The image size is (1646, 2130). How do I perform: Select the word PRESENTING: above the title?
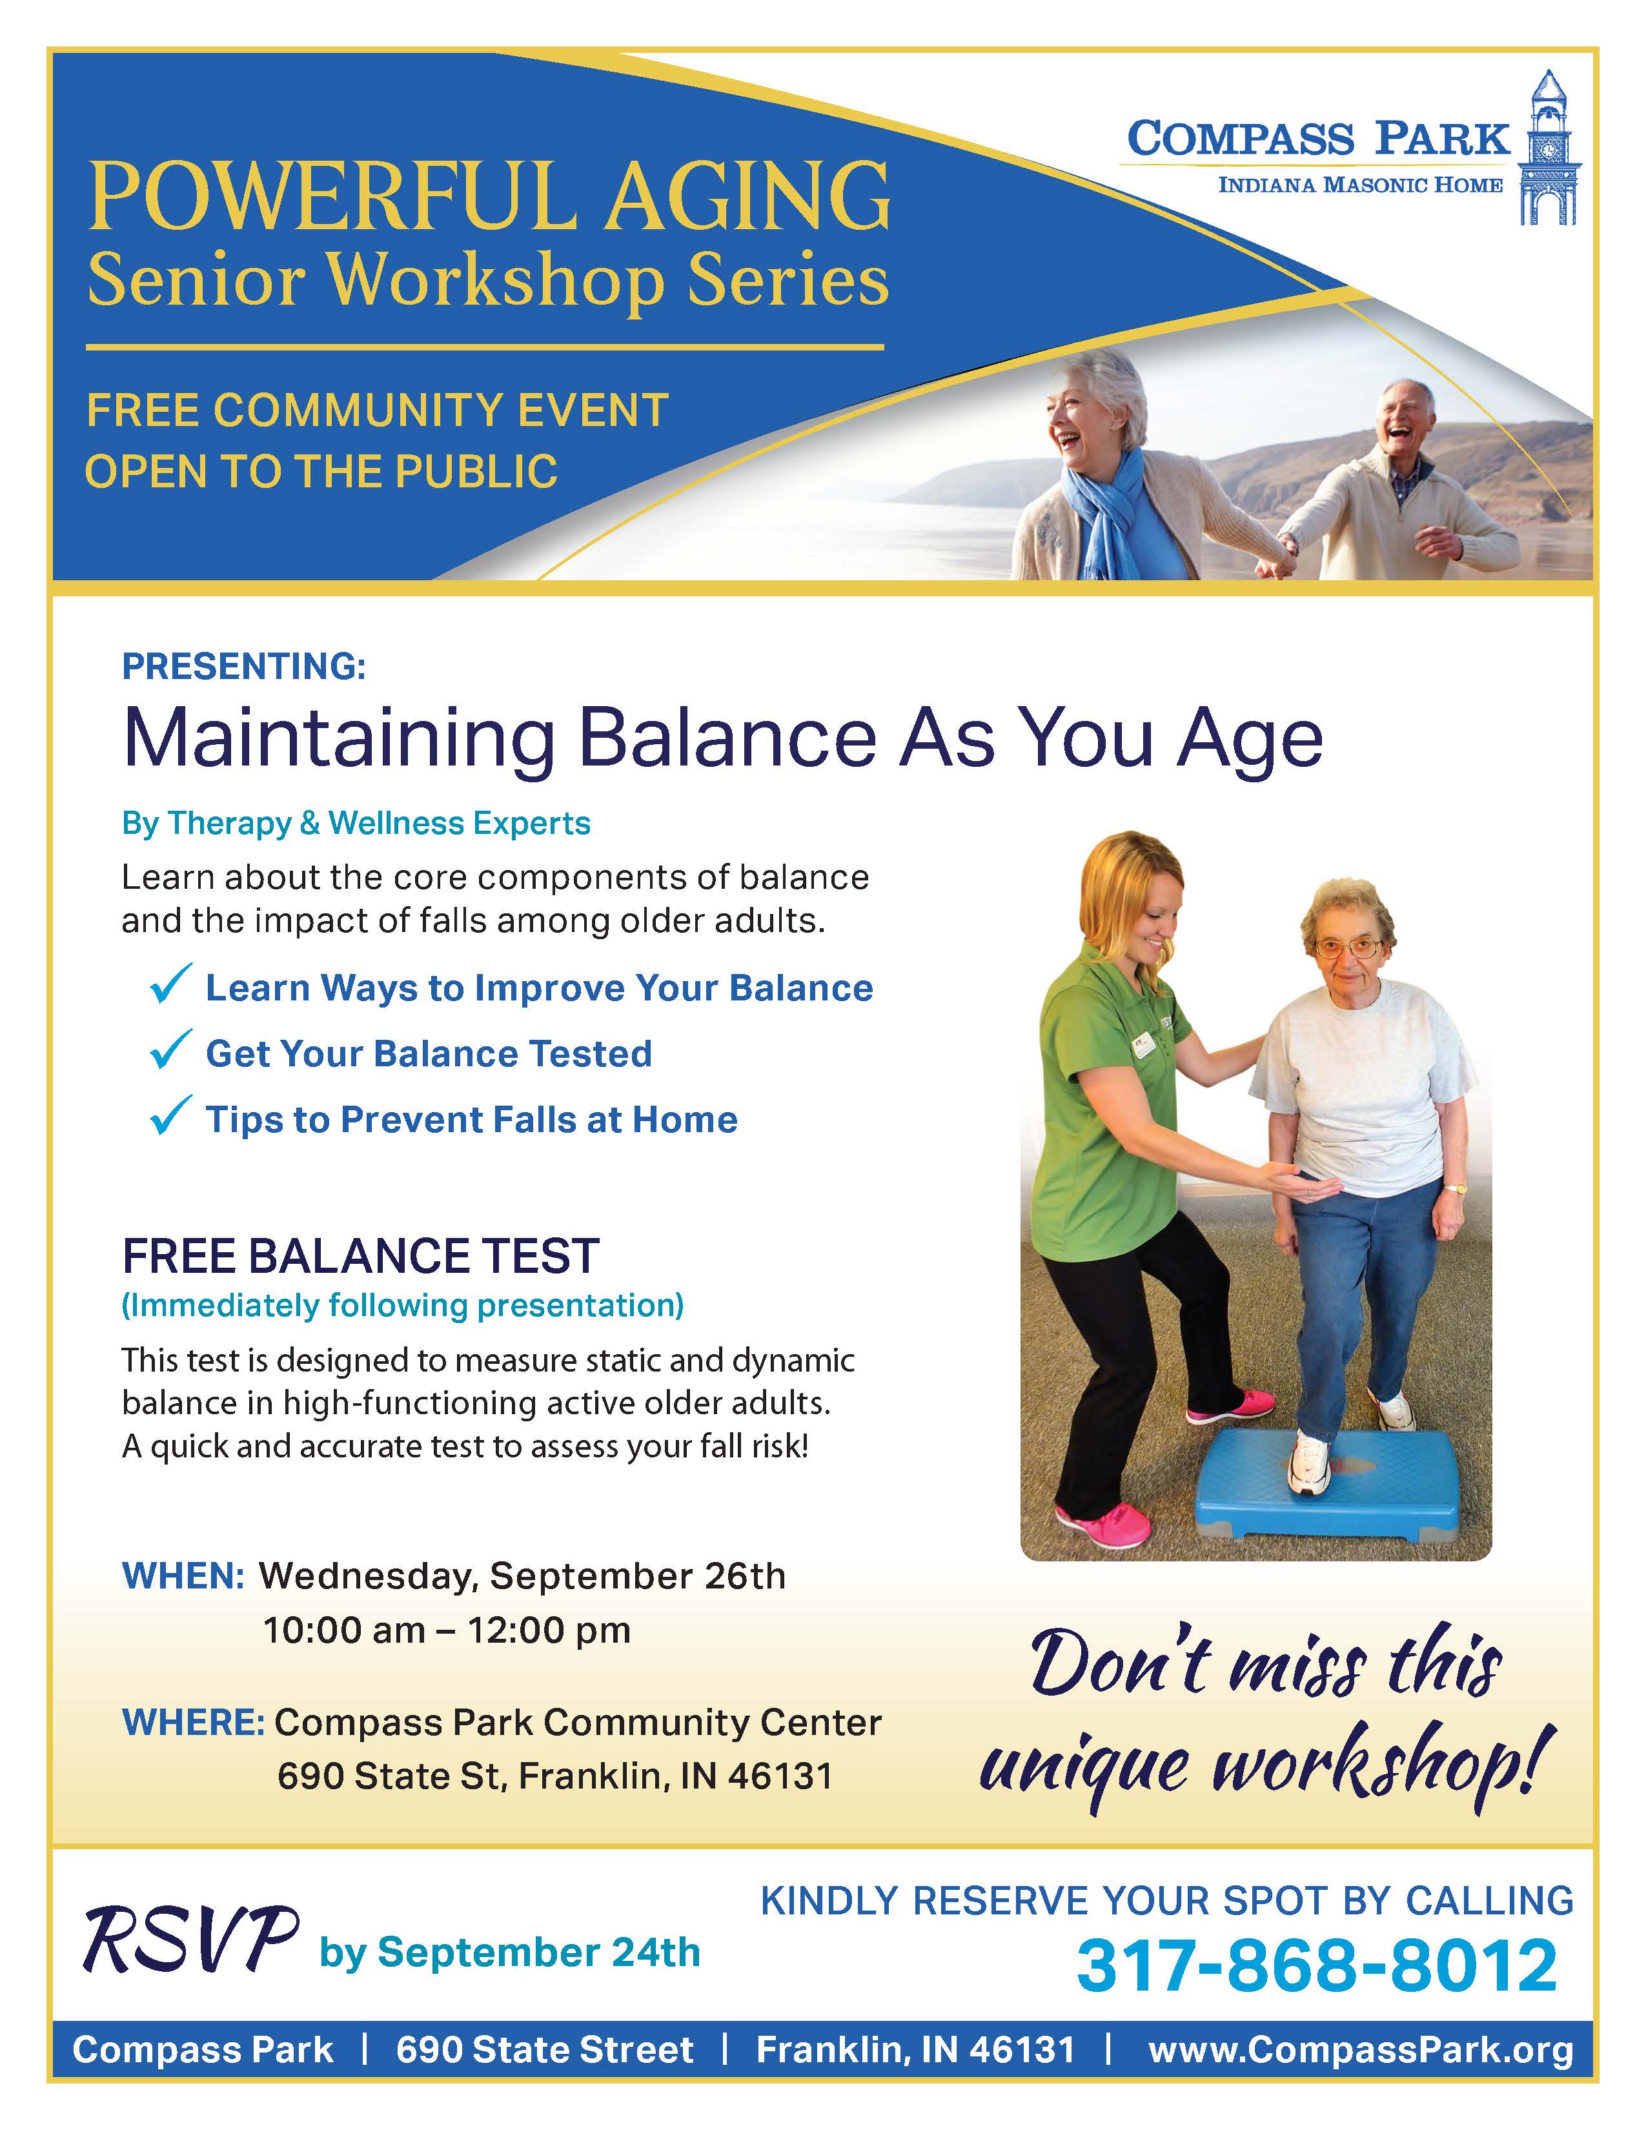[x=244, y=667]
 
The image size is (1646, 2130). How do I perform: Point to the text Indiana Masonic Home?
[x=1360, y=185]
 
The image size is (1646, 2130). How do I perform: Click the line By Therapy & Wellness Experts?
[x=356, y=824]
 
